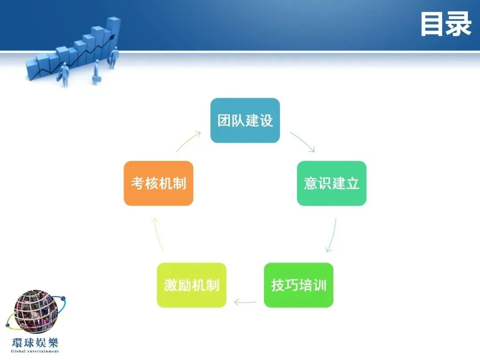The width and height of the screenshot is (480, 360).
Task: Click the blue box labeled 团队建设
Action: tap(245, 120)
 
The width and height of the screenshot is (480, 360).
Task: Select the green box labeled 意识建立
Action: tap(332, 183)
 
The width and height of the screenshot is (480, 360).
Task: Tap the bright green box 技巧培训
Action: tap(298, 285)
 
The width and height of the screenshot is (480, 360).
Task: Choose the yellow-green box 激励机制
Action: tap(192, 285)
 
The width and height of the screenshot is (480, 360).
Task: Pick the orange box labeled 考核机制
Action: tap(158, 183)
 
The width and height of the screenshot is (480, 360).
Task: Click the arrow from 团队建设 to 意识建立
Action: tap(303, 141)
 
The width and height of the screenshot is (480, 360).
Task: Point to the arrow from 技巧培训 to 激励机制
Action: tap(245, 303)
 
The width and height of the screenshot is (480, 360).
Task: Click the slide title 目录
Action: tap(445, 24)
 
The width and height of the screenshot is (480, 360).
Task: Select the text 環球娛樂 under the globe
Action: tap(35, 343)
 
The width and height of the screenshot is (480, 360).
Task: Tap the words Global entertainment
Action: tap(35, 351)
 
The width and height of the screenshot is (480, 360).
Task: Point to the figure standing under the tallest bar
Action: tap(114, 58)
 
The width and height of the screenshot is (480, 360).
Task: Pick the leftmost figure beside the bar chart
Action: tap(64, 74)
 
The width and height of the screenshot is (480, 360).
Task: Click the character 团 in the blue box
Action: tap(224, 120)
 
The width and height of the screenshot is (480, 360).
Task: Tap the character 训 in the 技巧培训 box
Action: tap(320, 285)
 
